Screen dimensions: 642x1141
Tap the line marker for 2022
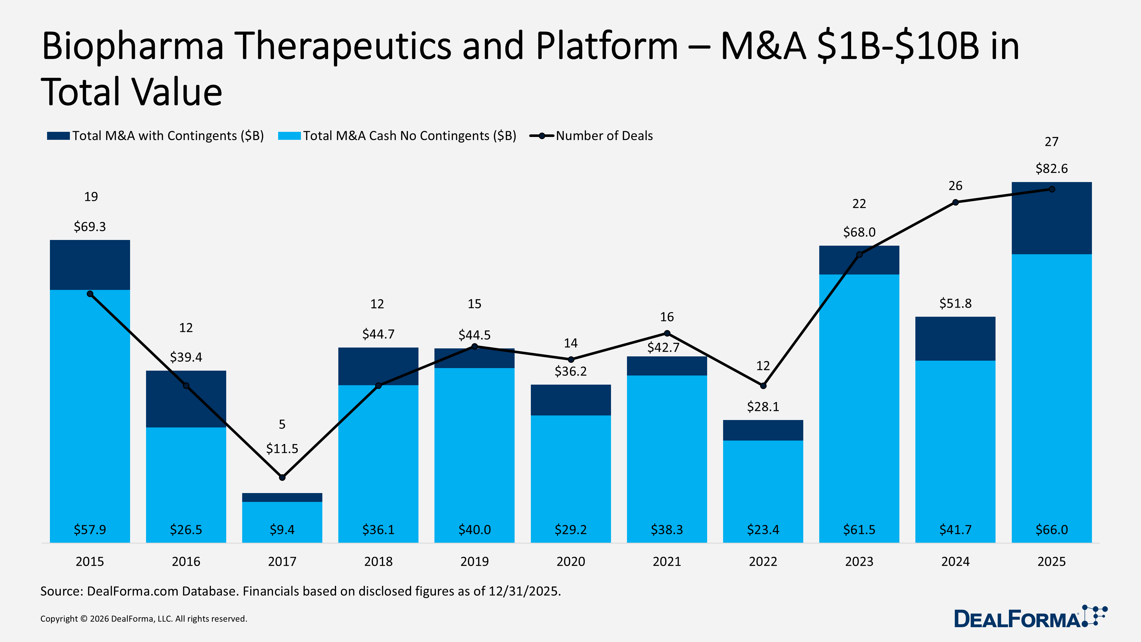tap(763, 386)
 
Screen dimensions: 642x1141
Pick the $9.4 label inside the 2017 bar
tap(282, 530)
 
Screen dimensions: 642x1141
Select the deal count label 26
tap(955, 186)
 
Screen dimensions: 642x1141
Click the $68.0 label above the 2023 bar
tap(859, 233)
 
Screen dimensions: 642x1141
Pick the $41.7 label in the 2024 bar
tap(955, 530)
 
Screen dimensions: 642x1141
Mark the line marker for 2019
tap(474, 346)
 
